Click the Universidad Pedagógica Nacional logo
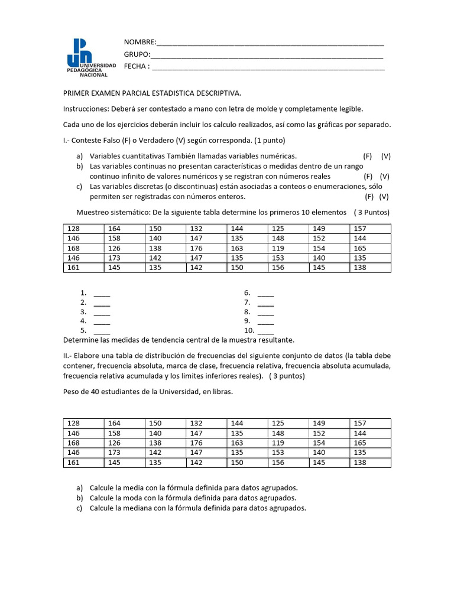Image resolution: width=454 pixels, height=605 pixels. coord(87,58)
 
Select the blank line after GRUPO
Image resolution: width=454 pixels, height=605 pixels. coord(267,56)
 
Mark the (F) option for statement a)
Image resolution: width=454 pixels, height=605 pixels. coord(368,156)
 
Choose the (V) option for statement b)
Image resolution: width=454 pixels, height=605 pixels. coord(385,176)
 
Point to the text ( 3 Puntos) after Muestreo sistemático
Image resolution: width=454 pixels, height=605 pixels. coord(371,212)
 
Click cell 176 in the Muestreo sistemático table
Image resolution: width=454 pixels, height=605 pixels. coord(196,249)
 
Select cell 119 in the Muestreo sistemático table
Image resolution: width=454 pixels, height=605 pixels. coord(278,249)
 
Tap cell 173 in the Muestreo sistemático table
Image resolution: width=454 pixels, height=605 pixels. coord(114,258)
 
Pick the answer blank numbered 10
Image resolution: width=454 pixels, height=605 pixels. coord(265,331)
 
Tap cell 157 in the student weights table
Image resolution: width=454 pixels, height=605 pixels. coord(359,424)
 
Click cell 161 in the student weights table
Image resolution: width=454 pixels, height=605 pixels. coord(73,463)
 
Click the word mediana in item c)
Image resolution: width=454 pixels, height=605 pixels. coord(138,508)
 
